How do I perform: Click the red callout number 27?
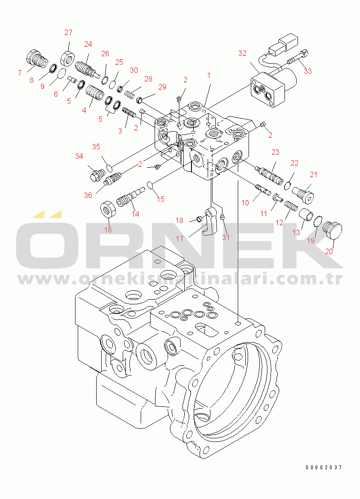click(68, 32)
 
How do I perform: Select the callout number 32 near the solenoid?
click(242, 53)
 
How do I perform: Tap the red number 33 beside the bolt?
click(307, 71)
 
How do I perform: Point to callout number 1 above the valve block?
click(209, 75)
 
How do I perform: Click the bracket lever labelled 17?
click(210, 221)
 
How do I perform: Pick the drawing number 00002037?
click(324, 467)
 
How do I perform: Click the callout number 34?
click(79, 156)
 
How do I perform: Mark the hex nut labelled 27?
click(68, 57)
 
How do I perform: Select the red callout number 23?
click(275, 152)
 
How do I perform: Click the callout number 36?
click(88, 195)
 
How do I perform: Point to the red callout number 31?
click(226, 237)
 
